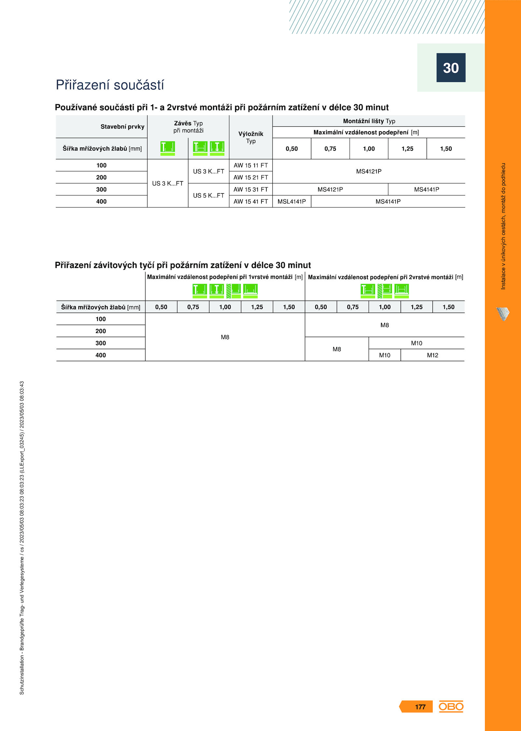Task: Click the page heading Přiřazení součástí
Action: [x=110, y=85]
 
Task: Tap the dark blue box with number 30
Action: [x=451, y=68]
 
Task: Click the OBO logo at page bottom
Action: [x=451, y=706]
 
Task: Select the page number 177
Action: [x=420, y=707]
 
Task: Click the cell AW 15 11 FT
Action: [x=251, y=165]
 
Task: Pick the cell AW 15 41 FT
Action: [x=251, y=202]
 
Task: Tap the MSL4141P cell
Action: [x=292, y=202]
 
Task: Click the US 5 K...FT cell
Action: [x=208, y=195]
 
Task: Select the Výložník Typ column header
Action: [x=251, y=137]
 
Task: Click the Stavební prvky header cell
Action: [x=122, y=127]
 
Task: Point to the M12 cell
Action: [x=432, y=355]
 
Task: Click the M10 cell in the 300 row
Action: [x=416, y=343]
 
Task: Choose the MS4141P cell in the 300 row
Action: [x=427, y=190]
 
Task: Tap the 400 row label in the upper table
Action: [x=101, y=202]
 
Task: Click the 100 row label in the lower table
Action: [x=101, y=319]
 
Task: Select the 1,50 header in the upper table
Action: [x=446, y=149]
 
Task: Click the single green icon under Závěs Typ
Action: [x=168, y=148]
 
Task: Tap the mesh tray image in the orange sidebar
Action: [x=503, y=314]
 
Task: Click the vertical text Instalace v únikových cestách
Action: [x=503, y=226]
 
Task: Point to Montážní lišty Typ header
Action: [x=369, y=121]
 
